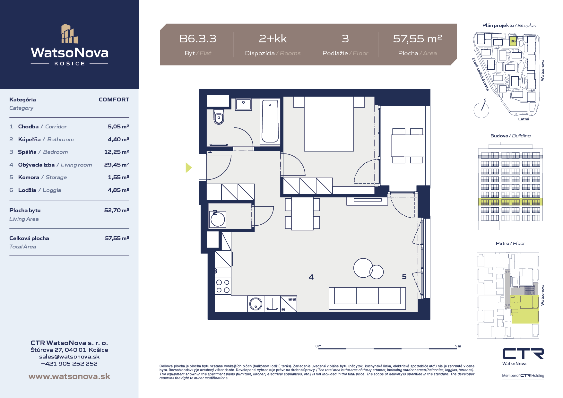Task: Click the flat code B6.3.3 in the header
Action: click(198, 39)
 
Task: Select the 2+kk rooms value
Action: click(273, 39)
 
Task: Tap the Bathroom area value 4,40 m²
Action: click(118, 139)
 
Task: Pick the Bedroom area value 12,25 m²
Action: click(117, 152)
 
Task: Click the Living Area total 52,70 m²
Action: click(117, 210)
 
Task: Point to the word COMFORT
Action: click(114, 99)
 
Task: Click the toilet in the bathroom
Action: click(219, 117)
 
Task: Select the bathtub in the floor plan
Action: click(270, 121)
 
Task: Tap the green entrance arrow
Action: click(189, 168)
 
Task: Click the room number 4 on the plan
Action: click(311, 277)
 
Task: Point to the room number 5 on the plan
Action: click(404, 276)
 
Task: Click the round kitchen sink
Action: click(256, 304)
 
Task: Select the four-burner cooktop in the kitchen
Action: click(223, 286)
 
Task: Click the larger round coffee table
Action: click(363, 268)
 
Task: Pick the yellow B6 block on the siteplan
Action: click(513, 41)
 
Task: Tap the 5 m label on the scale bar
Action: click(458, 346)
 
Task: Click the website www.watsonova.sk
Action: click(69, 376)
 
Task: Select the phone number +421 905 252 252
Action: click(69, 364)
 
